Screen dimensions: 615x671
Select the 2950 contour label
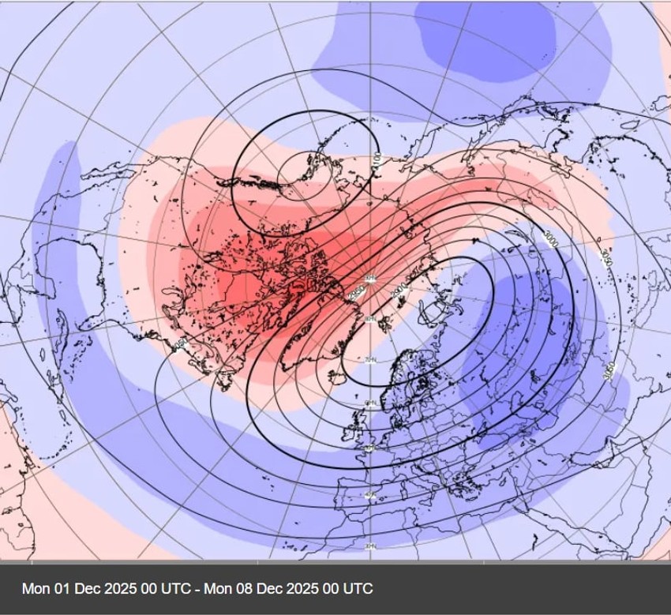pyautogui.click(x=356, y=292)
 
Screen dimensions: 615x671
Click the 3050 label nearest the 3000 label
pyautogui.click(x=605, y=257)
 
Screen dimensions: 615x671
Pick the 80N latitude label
pyautogui.click(x=369, y=319)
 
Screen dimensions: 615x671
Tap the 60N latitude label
pyautogui.click(x=369, y=403)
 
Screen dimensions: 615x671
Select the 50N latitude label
pyautogui.click(x=369, y=448)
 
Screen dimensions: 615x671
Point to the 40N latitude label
pyautogui.click(x=369, y=495)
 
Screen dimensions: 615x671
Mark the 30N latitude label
pyautogui.click(x=369, y=546)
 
